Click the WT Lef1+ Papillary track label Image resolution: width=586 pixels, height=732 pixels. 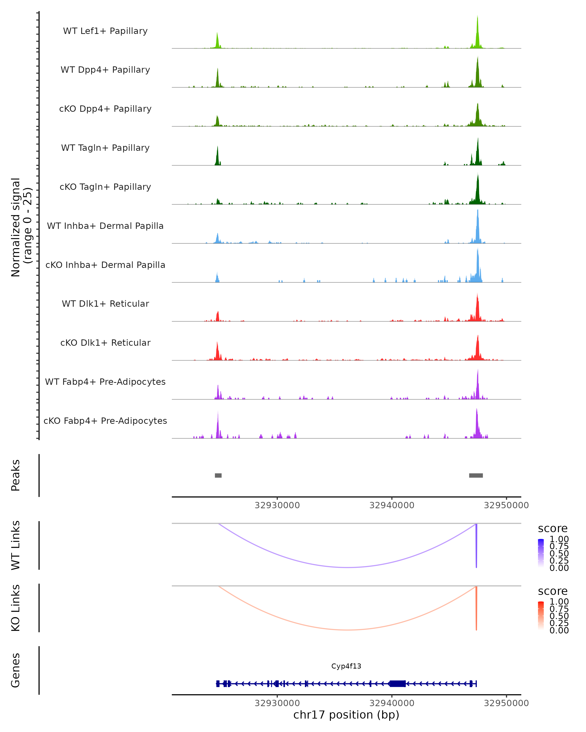pos(105,31)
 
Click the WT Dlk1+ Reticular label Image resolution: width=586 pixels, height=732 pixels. pos(105,304)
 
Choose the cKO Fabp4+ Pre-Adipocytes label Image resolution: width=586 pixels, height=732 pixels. pos(105,421)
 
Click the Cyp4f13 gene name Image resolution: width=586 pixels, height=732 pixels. pos(346,666)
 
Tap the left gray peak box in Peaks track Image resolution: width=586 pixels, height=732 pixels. pos(218,475)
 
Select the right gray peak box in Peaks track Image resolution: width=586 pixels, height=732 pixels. pos(476,475)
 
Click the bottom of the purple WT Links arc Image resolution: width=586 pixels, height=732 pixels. pos(347,567)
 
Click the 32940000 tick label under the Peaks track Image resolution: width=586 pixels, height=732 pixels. pos(392,505)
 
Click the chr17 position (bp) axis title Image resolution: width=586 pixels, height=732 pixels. pos(346,715)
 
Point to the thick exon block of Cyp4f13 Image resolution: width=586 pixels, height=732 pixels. pos(398,683)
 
